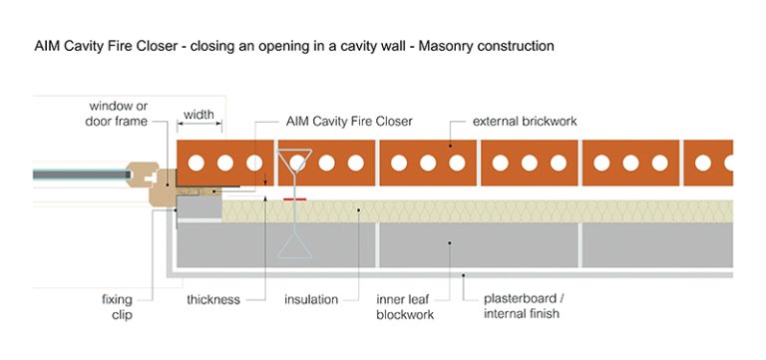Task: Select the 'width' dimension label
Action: click(x=199, y=114)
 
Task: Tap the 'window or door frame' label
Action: click(x=118, y=113)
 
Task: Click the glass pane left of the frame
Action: click(x=80, y=176)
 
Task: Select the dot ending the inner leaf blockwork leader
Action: click(x=451, y=243)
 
